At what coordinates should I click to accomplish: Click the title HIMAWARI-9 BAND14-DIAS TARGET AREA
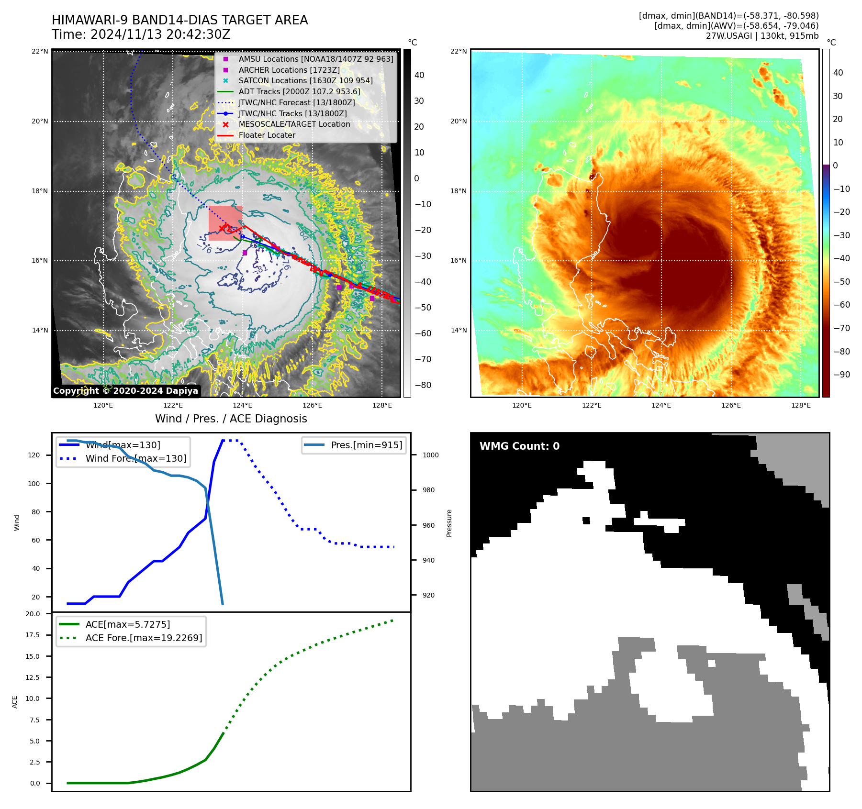[x=179, y=20]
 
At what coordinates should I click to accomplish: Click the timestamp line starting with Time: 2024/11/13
[x=141, y=34]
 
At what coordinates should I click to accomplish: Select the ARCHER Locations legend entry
[x=289, y=70]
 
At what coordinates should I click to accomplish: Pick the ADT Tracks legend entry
[x=299, y=91]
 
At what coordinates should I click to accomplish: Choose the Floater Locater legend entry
[x=267, y=135]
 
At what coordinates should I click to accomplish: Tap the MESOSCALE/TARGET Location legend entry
[x=294, y=124]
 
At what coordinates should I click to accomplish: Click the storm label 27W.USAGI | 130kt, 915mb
[x=762, y=36]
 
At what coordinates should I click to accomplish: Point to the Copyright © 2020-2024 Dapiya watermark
[x=125, y=391]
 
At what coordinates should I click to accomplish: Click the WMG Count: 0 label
[x=519, y=446]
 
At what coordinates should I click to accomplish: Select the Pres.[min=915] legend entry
[x=366, y=445]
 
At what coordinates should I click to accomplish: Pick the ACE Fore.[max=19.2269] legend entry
[x=144, y=638]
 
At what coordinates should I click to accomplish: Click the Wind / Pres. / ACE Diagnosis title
[x=231, y=419]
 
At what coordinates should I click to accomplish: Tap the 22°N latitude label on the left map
[x=40, y=51]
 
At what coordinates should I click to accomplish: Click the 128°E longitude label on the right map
[x=801, y=405]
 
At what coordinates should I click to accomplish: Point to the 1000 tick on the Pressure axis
[x=430, y=455]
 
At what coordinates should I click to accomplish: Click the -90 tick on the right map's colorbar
[x=841, y=375]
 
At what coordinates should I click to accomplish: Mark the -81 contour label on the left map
[x=260, y=270]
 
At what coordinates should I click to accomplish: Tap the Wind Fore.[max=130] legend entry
[x=135, y=458]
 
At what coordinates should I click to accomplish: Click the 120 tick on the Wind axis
[x=34, y=455]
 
